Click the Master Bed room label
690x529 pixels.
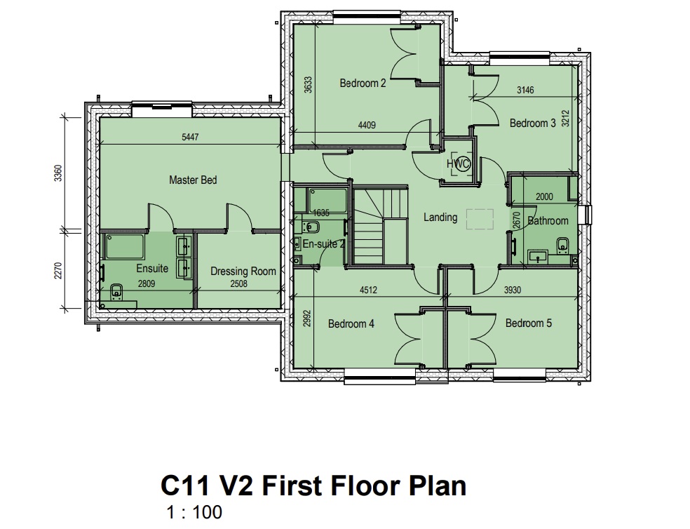coord(193,180)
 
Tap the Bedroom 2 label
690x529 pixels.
coord(363,83)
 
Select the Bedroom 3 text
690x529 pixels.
coord(532,123)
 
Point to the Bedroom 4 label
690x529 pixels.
coord(351,323)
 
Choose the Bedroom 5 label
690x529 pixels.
coord(528,323)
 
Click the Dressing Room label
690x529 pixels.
coord(243,272)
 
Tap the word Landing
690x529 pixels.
coord(440,217)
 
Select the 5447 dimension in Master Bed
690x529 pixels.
coord(190,137)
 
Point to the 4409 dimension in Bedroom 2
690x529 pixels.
coord(367,125)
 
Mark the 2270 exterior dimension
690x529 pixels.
coord(58,271)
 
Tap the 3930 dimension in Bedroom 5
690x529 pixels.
coord(512,290)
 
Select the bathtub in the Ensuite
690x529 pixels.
coord(125,247)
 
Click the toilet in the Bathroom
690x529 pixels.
coord(563,245)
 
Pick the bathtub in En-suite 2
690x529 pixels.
coord(327,201)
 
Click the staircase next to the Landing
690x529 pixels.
coord(381,226)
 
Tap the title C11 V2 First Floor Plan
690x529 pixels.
coord(313,486)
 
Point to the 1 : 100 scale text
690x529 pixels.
coord(194,512)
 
